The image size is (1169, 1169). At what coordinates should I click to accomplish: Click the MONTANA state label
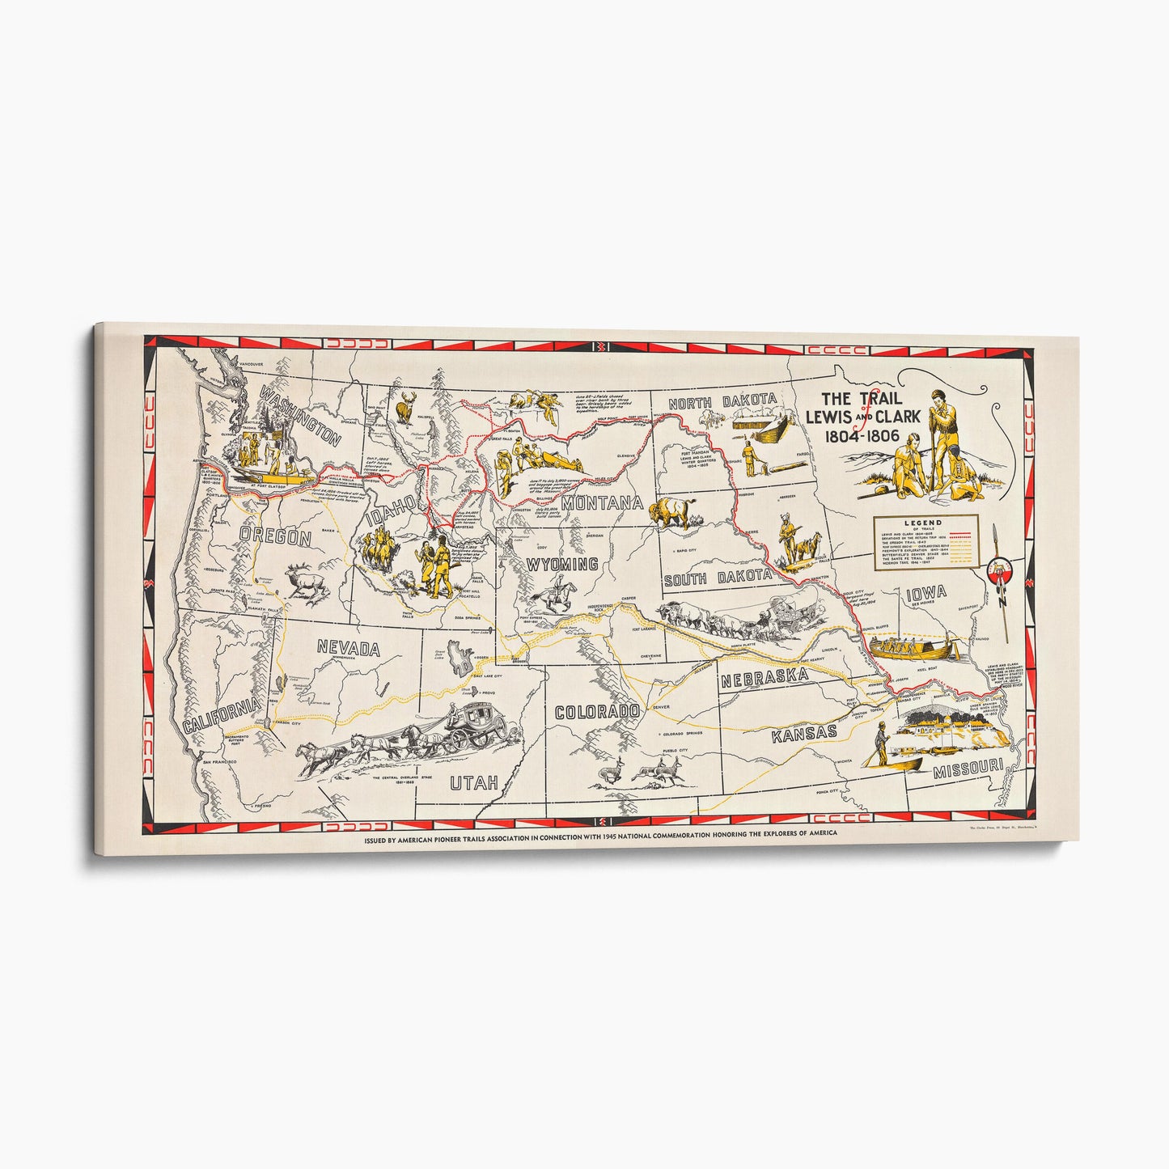pyautogui.click(x=603, y=503)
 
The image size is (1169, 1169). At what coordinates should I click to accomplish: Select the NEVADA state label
pyautogui.click(x=348, y=648)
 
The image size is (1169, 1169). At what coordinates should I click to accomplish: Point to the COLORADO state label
pyautogui.click(x=597, y=712)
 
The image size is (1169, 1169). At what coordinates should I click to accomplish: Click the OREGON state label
pyautogui.click(x=276, y=538)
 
